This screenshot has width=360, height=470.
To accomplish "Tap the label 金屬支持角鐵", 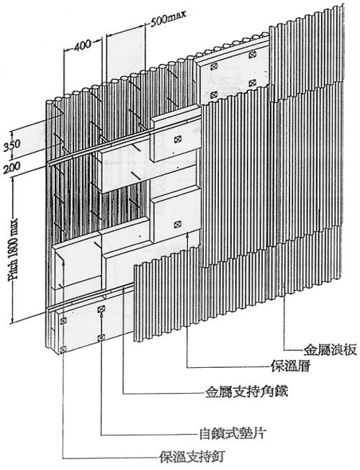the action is click(246, 392).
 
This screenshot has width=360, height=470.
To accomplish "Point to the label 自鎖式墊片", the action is click(233, 433).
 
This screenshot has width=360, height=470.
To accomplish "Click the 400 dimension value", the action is click(82, 46).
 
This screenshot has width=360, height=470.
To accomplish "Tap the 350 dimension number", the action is click(12, 145).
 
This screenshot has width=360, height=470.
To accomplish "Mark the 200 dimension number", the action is click(12, 168).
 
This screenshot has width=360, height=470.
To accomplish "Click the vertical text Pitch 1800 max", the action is click(14, 249).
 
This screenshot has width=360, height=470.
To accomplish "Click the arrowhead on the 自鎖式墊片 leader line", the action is click(102, 315).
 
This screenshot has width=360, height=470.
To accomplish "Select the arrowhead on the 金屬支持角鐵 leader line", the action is click(124, 290).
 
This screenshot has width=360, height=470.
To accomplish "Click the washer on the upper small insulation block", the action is click(178, 139).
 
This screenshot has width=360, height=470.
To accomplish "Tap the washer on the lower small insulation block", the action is click(178, 224).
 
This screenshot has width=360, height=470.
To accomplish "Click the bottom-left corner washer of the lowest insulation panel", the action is click(63, 349).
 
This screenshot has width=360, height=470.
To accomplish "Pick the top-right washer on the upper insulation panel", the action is click(253, 55).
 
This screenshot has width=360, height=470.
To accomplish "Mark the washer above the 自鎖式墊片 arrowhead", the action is click(102, 309).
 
